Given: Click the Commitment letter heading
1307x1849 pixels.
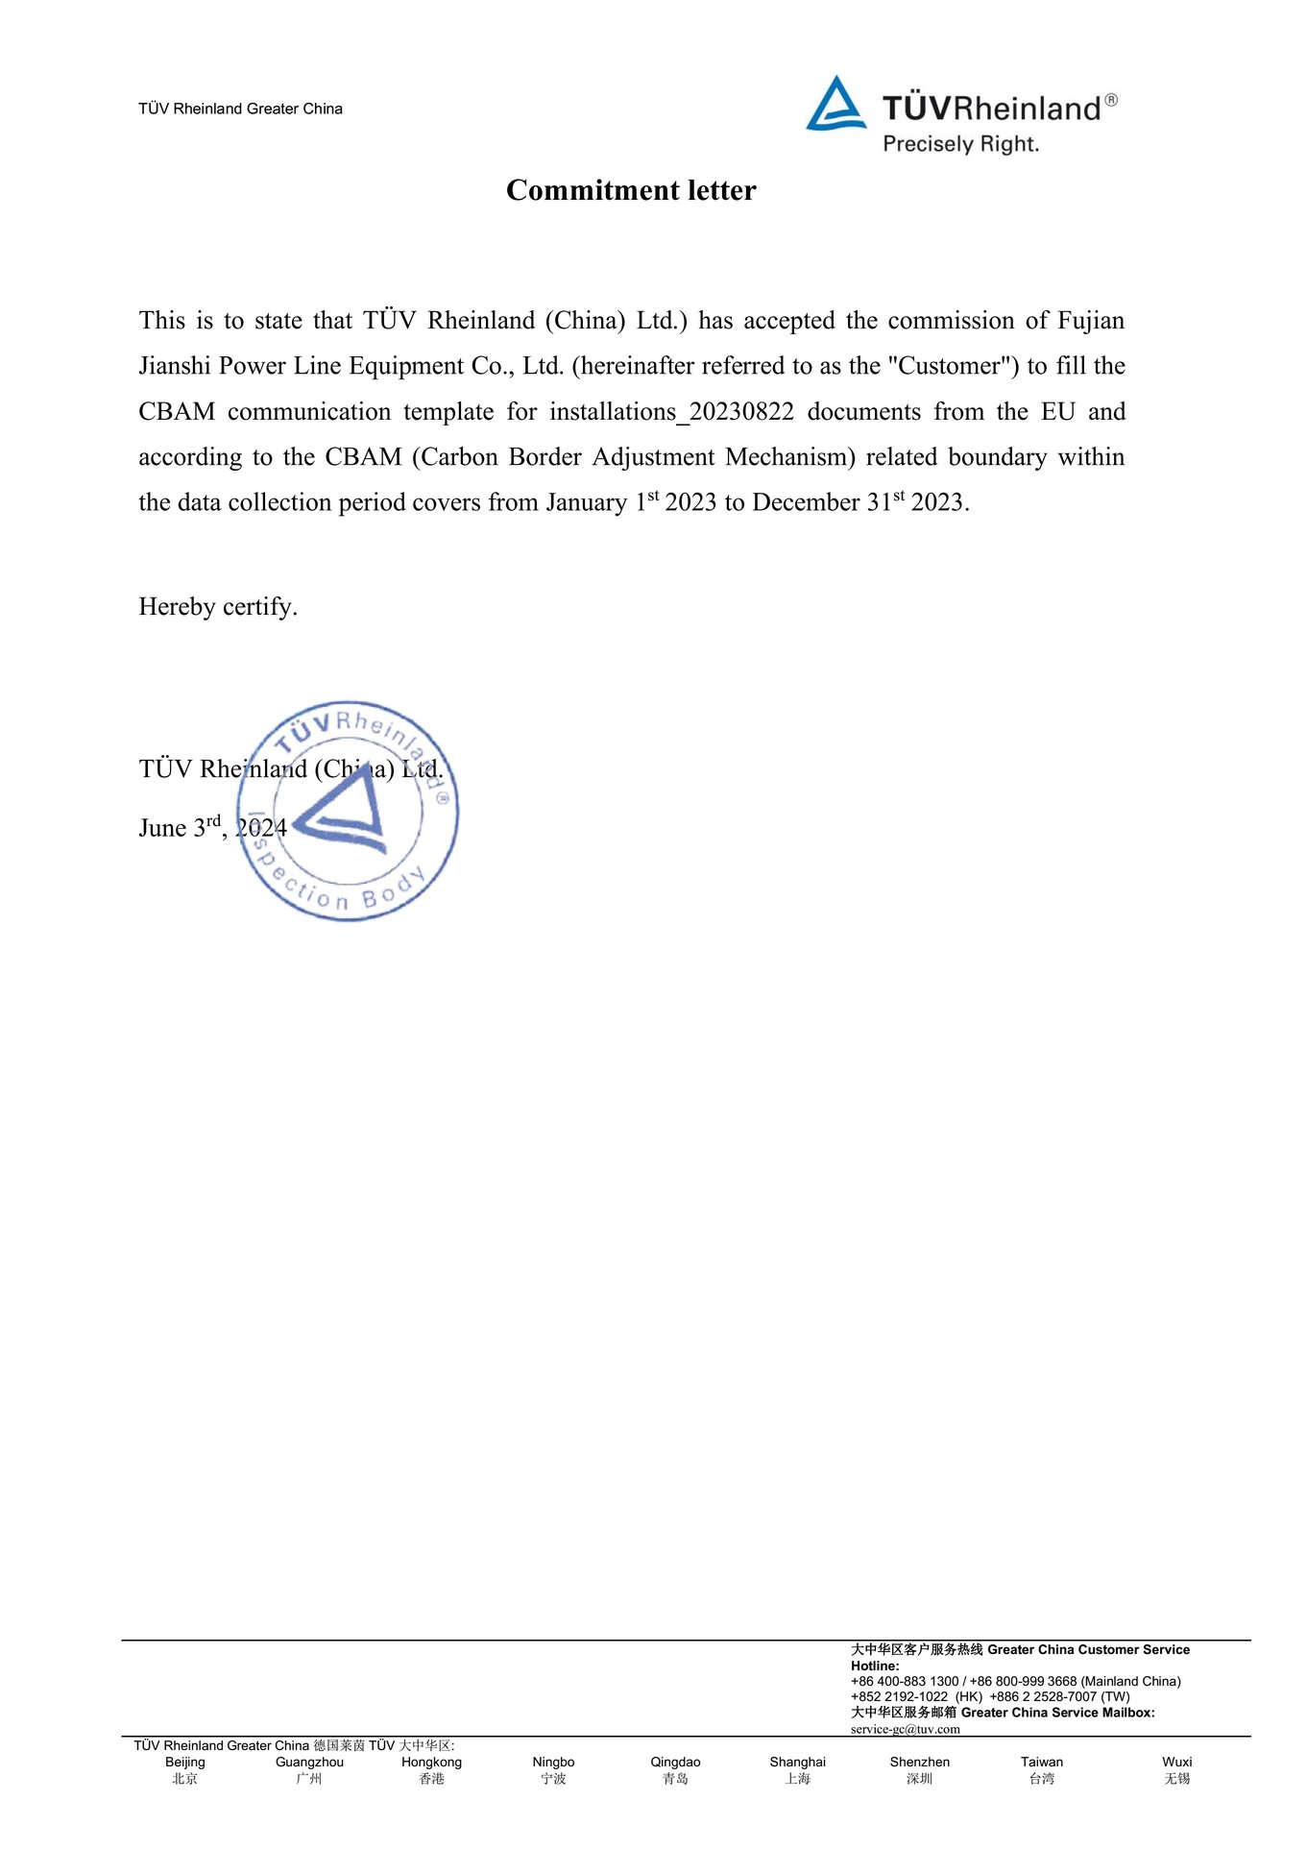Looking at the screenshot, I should pos(631,190).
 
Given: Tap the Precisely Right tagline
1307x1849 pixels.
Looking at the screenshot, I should pos(960,144).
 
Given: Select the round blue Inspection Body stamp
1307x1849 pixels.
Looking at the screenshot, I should pos(348,811).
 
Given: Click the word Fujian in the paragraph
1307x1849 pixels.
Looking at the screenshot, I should pos(1090,320).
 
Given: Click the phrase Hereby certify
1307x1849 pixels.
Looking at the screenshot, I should pos(218,606).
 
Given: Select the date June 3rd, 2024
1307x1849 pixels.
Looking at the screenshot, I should pos(212,828).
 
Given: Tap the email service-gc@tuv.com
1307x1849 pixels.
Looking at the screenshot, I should pos(905,1729).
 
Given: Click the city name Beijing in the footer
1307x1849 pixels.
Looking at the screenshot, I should pos(185,1762).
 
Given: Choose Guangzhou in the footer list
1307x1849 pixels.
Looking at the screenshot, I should pos(309,1762).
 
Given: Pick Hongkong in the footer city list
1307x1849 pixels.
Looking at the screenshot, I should pos(431,1762).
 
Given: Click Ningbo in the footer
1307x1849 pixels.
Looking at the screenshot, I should pos(553,1762).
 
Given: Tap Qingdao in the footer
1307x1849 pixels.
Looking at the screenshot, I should pos(675,1762).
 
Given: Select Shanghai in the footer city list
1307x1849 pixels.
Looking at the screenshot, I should pos(797,1762).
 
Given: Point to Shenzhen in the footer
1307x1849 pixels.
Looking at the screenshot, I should pos(919,1762).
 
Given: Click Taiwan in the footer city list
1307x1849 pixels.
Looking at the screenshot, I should pos(1042,1762).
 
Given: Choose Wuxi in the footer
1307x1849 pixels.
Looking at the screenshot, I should pos(1176,1762).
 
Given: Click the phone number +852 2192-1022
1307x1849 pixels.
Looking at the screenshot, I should pos(899,1696).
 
